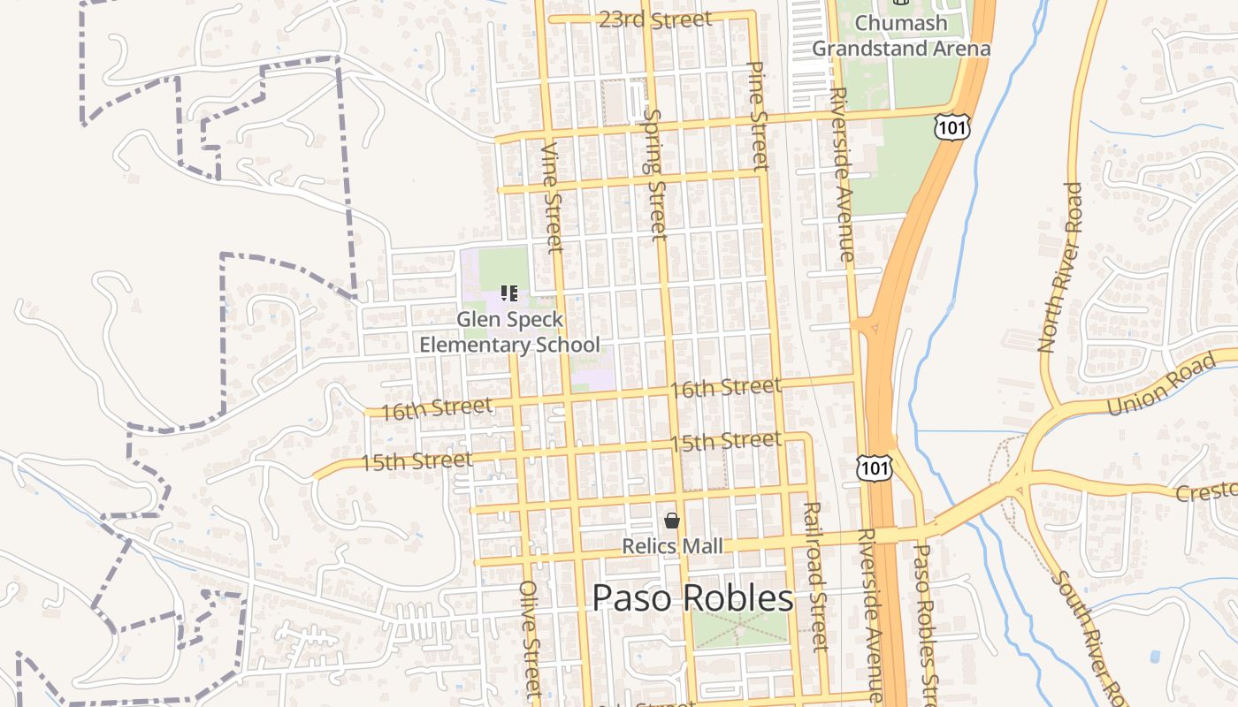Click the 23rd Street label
click(654, 19)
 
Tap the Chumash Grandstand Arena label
click(901, 35)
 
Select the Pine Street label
click(758, 115)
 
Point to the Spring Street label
click(655, 174)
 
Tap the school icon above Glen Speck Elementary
click(508, 293)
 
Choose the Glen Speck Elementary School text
click(509, 331)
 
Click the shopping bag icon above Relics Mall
click(672, 521)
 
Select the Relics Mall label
click(672, 546)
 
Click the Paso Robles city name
click(692, 598)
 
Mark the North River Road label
click(1059, 267)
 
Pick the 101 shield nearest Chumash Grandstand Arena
click(951, 127)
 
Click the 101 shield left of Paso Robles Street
click(874, 468)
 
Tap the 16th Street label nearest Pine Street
click(725, 387)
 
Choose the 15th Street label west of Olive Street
click(416, 460)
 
